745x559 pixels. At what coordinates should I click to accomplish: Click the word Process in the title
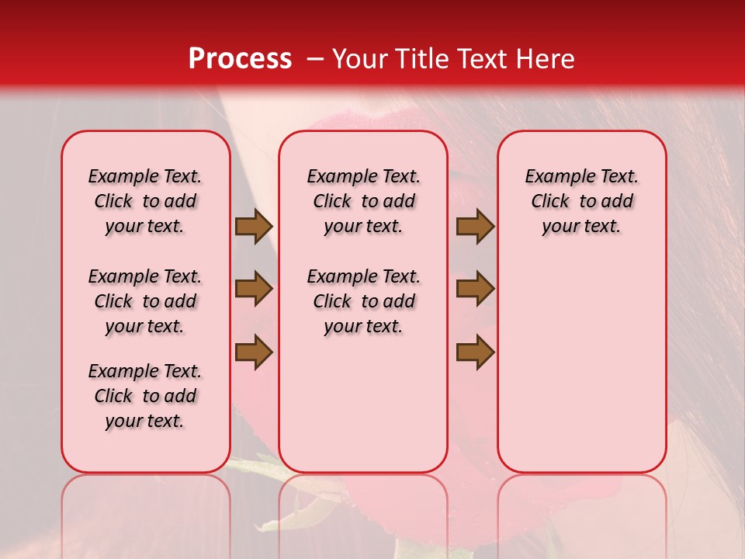240,59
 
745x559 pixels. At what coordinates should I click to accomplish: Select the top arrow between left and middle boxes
254,227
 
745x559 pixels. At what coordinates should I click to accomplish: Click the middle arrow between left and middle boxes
254,290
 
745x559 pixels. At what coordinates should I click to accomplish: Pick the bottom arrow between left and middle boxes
254,352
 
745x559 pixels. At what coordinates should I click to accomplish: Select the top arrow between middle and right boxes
475,227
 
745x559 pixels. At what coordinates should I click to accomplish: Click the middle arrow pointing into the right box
475,290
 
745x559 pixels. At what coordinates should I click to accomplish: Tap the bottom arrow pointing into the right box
475,352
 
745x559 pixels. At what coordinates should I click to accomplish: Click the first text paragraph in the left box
144,201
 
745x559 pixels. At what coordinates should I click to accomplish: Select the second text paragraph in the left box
144,301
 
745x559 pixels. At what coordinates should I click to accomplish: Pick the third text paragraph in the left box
144,396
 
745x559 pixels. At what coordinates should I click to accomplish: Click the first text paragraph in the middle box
363,201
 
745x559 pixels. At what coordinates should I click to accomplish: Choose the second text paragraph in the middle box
363,301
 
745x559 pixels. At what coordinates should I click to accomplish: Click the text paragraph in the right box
581,201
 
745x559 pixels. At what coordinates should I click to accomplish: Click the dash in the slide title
315,59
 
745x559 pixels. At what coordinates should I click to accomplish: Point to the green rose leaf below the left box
256,470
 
